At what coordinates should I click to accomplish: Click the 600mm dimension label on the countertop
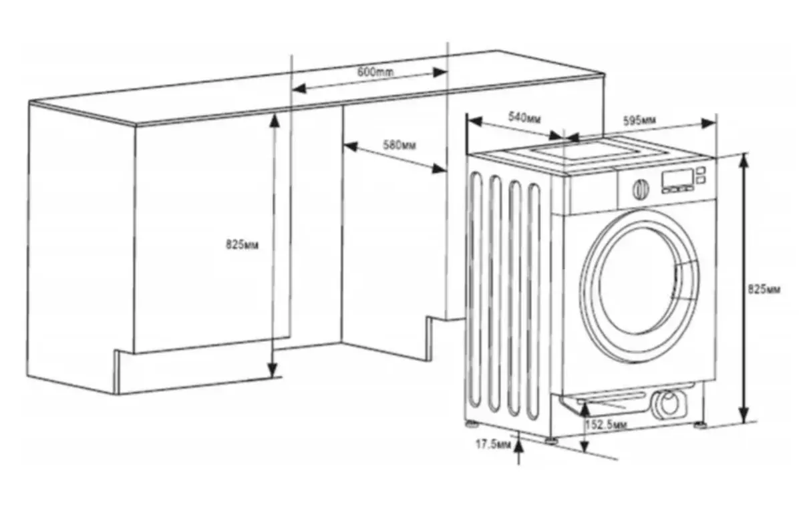click(x=375, y=71)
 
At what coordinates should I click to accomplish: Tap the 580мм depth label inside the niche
click(x=400, y=145)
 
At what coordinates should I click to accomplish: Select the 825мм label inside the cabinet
click(x=243, y=244)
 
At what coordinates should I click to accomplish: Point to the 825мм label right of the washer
click(x=764, y=289)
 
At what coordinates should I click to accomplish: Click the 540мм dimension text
click(x=524, y=118)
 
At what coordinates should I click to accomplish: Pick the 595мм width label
click(x=639, y=121)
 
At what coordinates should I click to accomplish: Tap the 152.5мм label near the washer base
click(x=607, y=425)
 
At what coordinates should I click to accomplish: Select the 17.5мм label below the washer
click(x=493, y=444)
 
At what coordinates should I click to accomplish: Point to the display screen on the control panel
click(x=677, y=178)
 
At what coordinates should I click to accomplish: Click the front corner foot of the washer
click(x=551, y=440)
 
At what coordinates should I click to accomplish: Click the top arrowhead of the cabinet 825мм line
click(x=275, y=121)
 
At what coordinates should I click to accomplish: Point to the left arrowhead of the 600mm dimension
click(x=299, y=89)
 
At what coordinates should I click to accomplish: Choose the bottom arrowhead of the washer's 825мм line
click(x=744, y=414)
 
